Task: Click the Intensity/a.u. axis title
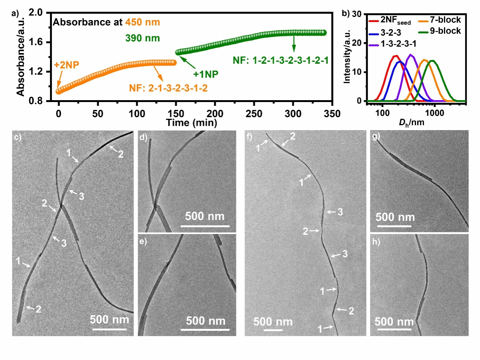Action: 347,57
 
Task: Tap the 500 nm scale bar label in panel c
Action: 110,319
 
